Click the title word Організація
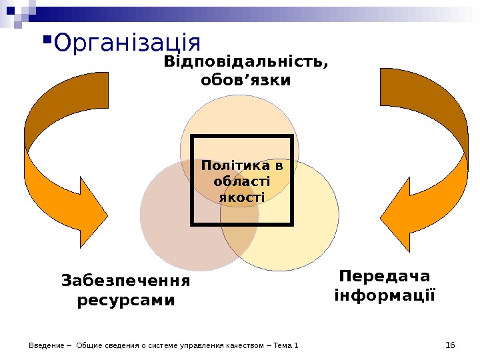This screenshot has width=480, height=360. [127, 43]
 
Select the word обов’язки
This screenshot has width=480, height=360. [245, 81]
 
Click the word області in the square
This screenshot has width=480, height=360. [241, 181]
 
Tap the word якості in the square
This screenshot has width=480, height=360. [241, 197]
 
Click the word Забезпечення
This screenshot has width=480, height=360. [125, 280]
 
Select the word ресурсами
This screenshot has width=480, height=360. [125, 300]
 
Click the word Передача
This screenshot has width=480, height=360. [384, 275]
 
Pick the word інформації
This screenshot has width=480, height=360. [384, 294]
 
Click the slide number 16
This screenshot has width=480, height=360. [449, 345]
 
